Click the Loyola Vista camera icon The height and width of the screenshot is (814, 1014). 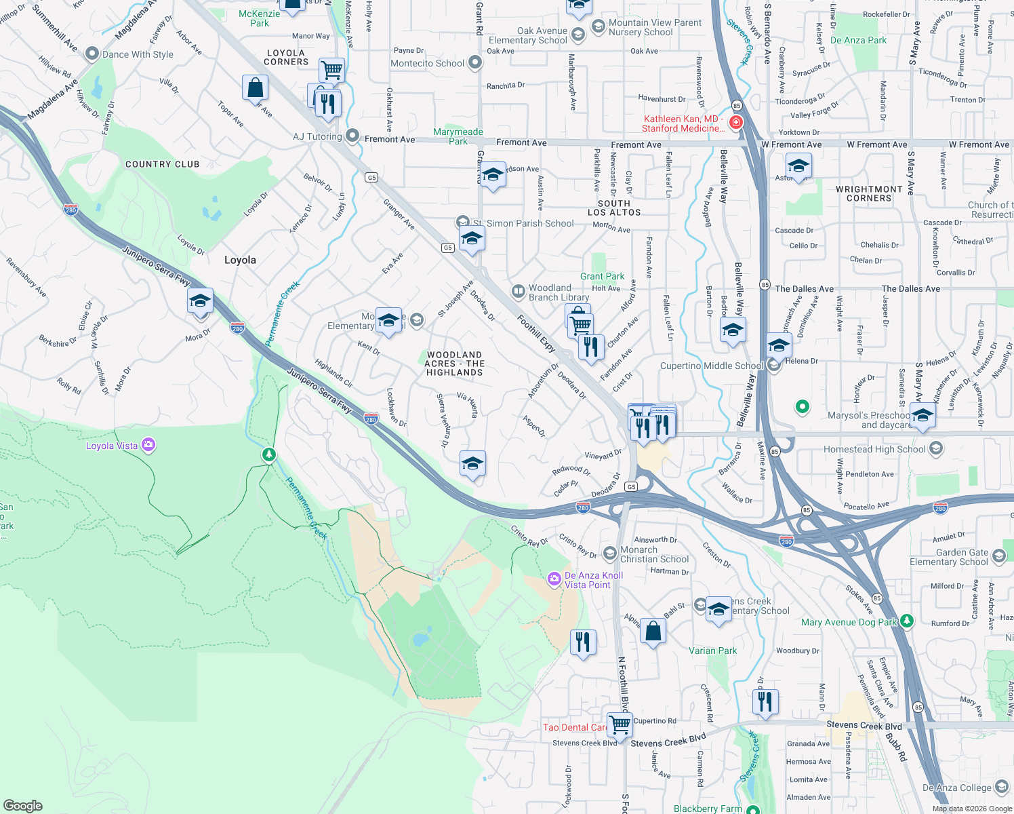click(x=148, y=446)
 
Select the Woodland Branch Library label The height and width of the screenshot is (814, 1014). click(x=559, y=292)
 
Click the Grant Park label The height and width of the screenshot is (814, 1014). click(x=602, y=276)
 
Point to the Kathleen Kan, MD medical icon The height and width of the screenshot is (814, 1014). click(x=736, y=123)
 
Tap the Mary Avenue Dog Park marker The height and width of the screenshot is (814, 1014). click(x=907, y=621)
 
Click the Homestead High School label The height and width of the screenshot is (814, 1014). click(x=874, y=449)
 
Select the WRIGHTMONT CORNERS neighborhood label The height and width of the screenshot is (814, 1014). click(x=869, y=194)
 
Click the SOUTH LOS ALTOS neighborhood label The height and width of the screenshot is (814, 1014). click(x=614, y=208)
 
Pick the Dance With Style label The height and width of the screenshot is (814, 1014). click(x=138, y=54)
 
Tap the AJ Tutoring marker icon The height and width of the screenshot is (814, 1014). click(x=352, y=136)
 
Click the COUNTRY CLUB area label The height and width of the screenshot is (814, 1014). click(x=163, y=164)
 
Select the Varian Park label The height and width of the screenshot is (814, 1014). click(x=712, y=651)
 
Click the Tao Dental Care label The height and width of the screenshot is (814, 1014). click(x=575, y=727)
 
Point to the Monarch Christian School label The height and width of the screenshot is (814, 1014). click(x=654, y=554)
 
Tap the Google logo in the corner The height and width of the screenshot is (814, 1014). click(x=23, y=805)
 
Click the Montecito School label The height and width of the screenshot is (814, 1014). click(x=427, y=63)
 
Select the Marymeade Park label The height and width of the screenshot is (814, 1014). click(x=458, y=136)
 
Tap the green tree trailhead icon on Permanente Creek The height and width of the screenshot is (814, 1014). click(x=269, y=454)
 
